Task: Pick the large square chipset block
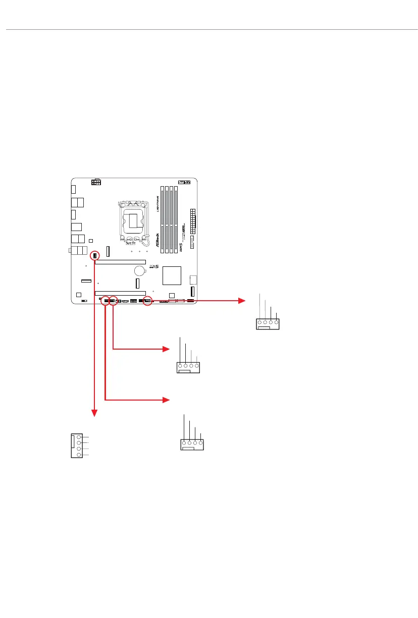point(172,274)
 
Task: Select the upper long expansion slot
point(121,262)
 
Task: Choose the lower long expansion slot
point(121,293)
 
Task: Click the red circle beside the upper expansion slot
point(95,256)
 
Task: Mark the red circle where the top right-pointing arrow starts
point(147,301)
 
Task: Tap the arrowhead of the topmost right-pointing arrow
point(240,301)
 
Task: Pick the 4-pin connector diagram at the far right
point(268,323)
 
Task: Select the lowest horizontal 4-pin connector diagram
point(192,444)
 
